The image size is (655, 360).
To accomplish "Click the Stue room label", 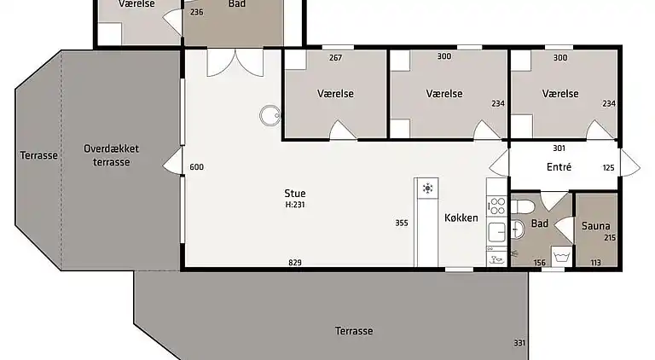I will click(296, 194).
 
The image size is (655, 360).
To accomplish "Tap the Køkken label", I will click(461, 218).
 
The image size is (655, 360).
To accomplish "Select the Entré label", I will click(559, 167).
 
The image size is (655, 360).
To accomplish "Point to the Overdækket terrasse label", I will click(112, 155).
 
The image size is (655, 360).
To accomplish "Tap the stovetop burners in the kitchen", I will click(496, 206).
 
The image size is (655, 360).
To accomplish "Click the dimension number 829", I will click(295, 262).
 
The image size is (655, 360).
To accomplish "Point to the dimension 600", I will click(196, 167).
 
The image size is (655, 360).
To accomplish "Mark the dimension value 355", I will click(402, 224).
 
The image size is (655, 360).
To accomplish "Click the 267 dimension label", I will click(335, 58).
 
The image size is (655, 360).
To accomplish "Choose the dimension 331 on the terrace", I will click(519, 343).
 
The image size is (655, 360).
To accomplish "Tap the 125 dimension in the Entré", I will click(608, 168).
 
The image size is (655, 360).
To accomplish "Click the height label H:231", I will click(296, 205).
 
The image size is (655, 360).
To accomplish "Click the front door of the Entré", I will click(630, 163).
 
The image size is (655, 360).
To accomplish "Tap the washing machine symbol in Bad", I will click(561, 255).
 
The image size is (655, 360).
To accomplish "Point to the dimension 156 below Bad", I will click(539, 262).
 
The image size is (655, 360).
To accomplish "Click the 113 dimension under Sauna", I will click(595, 262).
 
